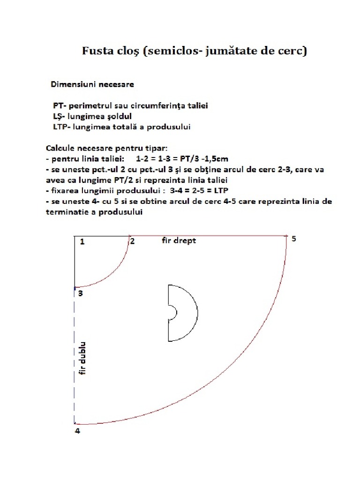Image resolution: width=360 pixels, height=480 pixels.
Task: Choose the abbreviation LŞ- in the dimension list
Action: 60,116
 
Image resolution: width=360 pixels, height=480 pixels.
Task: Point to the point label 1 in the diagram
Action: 82,242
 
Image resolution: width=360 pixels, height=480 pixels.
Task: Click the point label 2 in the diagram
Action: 133,241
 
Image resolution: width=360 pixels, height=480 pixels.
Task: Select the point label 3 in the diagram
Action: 80,294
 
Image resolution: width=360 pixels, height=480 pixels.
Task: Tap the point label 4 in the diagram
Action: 77,431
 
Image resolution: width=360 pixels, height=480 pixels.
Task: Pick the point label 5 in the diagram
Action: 294,239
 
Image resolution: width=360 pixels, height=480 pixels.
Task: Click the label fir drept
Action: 178,240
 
